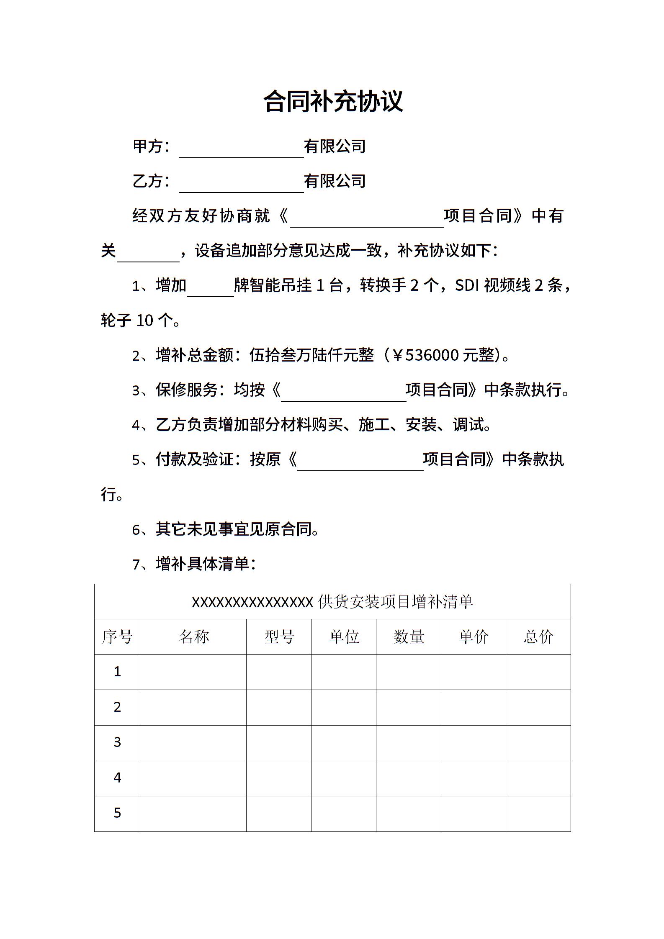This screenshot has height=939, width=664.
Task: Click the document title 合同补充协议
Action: click(333, 101)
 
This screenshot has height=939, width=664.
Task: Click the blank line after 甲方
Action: click(242, 151)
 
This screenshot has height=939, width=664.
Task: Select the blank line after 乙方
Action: click(242, 185)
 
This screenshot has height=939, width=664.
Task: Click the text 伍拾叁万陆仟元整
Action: click(311, 355)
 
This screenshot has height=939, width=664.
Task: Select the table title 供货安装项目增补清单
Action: click(395, 602)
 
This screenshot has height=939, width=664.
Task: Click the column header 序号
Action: click(117, 637)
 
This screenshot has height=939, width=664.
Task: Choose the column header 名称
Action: click(193, 637)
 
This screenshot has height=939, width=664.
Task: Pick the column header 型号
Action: click(279, 637)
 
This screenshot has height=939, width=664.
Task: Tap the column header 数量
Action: click(409, 637)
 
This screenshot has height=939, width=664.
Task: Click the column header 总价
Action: click(538, 637)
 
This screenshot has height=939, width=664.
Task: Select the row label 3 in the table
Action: click(117, 742)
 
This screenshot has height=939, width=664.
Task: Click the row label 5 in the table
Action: click(117, 813)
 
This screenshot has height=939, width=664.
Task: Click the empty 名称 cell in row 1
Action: click(193, 672)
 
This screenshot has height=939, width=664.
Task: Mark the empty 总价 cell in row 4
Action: click(538, 778)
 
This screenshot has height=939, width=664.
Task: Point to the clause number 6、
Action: click(142, 530)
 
